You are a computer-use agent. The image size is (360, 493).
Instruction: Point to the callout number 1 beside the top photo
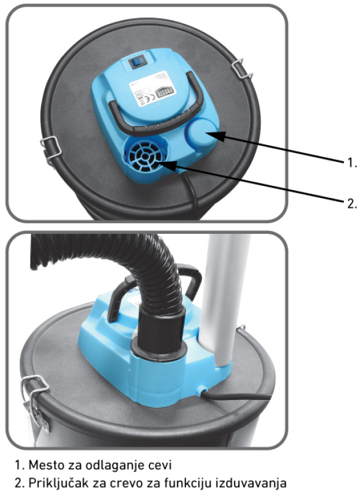[x=352, y=163]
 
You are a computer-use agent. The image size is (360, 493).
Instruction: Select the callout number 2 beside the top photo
[x=352, y=203]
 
